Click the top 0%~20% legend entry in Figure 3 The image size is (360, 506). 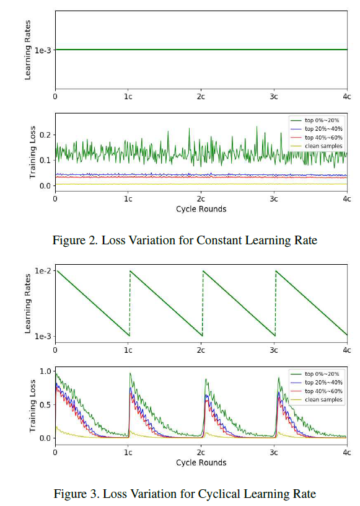point(320,374)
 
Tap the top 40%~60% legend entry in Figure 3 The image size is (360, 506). point(320,391)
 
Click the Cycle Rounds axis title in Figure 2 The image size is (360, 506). point(201,209)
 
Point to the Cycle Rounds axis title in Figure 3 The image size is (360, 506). point(201,463)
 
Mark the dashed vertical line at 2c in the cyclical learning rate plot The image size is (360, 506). point(202,304)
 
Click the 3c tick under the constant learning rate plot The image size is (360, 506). point(274,97)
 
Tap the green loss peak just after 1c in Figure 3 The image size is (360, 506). point(130,373)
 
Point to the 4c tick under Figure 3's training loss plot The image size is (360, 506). point(346,453)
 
